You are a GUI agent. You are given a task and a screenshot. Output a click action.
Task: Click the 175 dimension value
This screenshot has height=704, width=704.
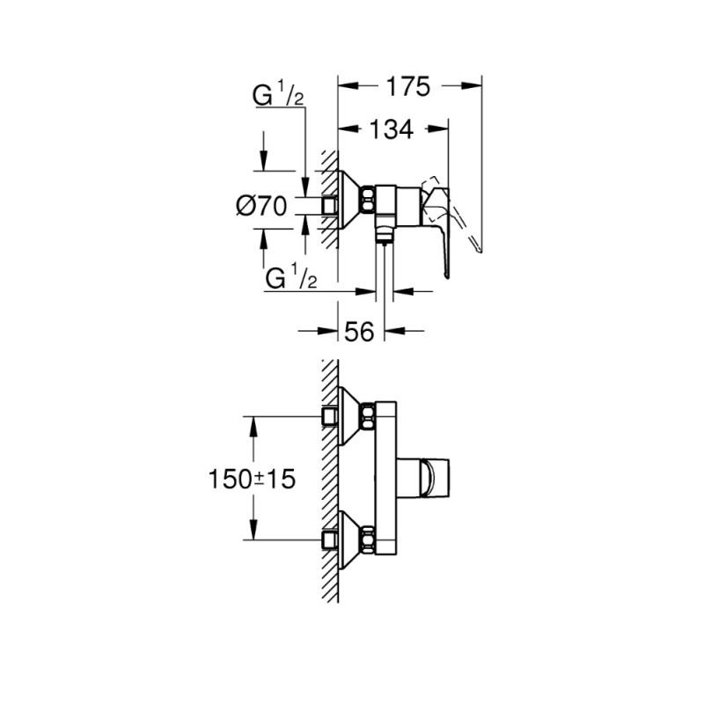(x=407, y=86)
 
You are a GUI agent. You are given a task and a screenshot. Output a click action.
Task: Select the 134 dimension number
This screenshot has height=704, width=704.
(x=390, y=129)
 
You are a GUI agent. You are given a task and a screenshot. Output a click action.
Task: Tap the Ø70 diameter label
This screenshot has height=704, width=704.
(x=262, y=207)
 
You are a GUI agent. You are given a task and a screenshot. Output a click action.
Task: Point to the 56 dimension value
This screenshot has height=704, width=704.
(x=361, y=331)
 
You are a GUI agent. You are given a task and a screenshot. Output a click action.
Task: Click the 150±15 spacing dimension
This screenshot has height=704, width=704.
(x=252, y=479)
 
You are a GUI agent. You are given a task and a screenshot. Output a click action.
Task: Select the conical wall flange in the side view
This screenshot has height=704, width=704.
(x=349, y=203)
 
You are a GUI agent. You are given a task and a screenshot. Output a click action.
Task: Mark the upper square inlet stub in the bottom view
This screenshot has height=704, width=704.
(x=331, y=414)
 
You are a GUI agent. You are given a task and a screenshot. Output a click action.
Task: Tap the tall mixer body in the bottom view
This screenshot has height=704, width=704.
(x=385, y=480)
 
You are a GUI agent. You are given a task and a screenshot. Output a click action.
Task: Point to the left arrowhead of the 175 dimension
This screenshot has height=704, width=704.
(x=345, y=86)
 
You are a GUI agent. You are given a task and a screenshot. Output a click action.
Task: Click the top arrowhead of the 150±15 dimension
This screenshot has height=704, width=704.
(x=254, y=423)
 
